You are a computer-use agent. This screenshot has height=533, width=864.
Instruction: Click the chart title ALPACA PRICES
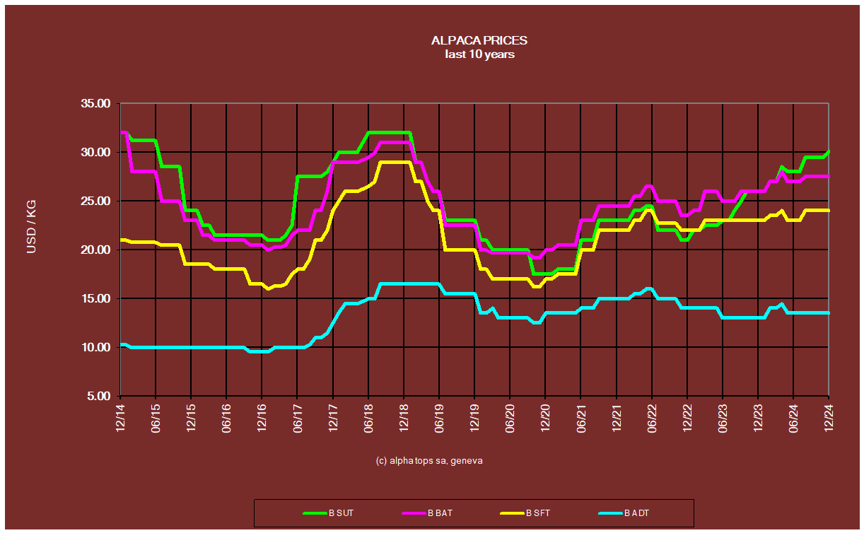tap(479, 41)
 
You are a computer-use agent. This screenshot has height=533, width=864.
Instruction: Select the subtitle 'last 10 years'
tap(479, 54)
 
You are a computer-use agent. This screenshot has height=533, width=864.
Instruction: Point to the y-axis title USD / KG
tap(32, 227)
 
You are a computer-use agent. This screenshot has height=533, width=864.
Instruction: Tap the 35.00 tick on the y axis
tap(96, 103)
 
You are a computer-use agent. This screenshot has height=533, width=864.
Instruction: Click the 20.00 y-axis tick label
tap(96, 250)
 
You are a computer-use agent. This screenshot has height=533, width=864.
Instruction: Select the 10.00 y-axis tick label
tap(96, 347)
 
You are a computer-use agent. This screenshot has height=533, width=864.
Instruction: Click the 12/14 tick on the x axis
tap(121, 418)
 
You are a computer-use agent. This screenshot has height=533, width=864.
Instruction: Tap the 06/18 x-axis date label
tap(369, 418)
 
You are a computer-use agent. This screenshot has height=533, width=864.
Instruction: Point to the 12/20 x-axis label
tap(546, 418)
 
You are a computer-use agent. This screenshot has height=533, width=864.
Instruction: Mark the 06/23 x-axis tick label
tap(723, 418)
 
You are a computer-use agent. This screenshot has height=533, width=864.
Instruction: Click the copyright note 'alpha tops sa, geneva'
tap(429, 460)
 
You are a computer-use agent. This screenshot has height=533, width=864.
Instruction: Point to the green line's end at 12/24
tap(828, 151)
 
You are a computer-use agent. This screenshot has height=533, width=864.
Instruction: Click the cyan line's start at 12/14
tap(122, 344)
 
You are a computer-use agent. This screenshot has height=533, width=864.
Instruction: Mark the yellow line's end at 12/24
tap(828, 211)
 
